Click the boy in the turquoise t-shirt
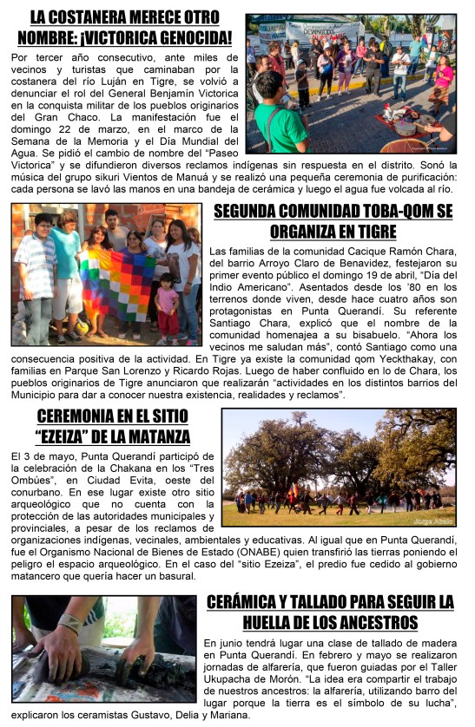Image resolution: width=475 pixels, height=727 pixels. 67,260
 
